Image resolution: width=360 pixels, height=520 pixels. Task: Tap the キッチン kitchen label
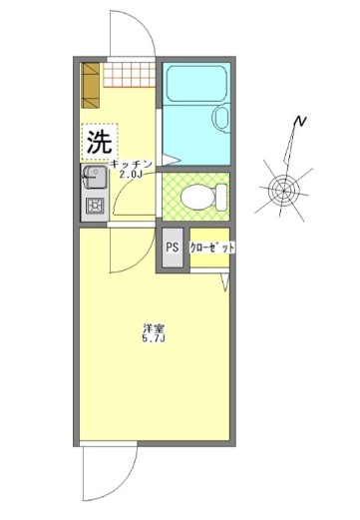(x=131, y=164)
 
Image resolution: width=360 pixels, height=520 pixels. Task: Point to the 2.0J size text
(x=131, y=175)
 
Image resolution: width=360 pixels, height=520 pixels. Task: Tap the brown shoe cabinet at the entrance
(x=91, y=88)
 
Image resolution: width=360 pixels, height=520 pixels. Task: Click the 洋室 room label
(x=152, y=327)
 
